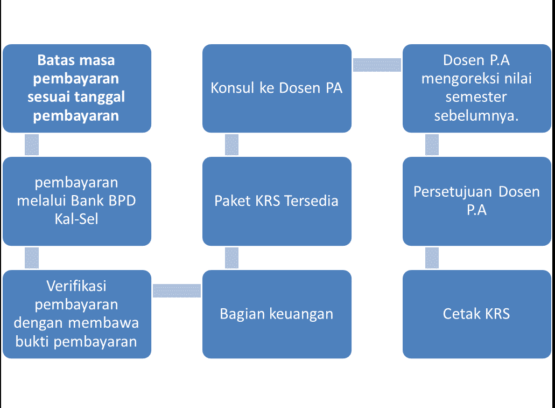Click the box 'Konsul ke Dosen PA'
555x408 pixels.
[x=277, y=88]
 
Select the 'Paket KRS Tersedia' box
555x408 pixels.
[x=277, y=201]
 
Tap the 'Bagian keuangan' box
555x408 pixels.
[x=277, y=314]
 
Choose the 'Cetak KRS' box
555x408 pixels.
[x=477, y=314]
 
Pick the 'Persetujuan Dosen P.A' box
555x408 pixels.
[x=477, y=201]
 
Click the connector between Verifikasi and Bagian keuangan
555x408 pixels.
[x=177, y=291]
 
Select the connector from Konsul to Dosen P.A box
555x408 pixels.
[x=377, y=65]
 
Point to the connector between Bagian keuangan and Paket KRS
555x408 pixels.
[x=231, y=258]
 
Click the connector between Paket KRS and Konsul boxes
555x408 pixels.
[x=231, y=144]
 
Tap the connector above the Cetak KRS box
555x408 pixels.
[x=432, y=258]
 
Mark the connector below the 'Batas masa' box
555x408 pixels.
[x=32, y=144]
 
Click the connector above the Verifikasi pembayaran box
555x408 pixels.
[x=32, y=258]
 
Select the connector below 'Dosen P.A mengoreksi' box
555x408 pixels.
[x=432, y=144]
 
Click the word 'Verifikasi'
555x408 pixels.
[x=76, y=286]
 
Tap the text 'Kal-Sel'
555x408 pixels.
[x=76, y=219]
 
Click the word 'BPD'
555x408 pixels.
[x=122, y=200]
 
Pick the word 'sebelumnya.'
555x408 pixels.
[x=476, y=116]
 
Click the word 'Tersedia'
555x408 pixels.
[x=312, y=201]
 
